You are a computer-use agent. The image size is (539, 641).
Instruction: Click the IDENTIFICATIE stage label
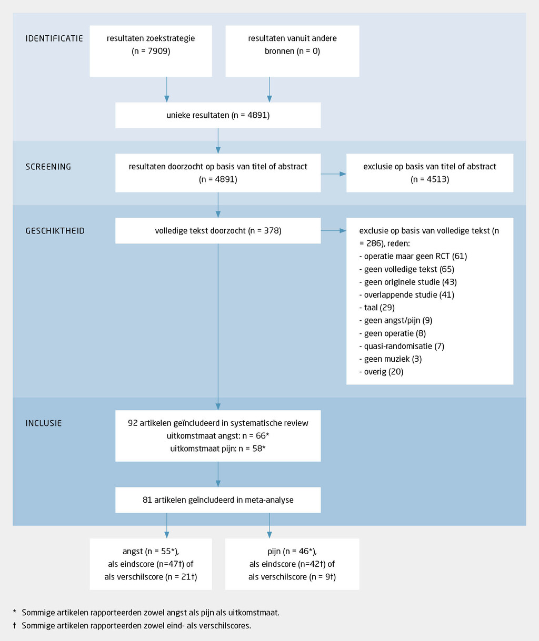(54, 38)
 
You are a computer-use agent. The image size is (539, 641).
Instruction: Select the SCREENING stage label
(48, 167)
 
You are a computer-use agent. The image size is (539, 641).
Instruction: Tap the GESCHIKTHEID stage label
(55, 231)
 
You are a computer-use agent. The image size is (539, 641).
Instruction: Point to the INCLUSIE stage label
(44, 423)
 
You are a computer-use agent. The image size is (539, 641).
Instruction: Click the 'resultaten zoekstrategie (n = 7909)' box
(151, 51)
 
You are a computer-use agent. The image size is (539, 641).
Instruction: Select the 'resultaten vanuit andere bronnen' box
(292, 51)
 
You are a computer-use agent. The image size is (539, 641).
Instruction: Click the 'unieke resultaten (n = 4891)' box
(218, 115)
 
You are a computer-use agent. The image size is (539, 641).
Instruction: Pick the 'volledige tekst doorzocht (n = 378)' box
(218, 231)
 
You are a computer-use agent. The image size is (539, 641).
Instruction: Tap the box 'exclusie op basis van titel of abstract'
(430, 173)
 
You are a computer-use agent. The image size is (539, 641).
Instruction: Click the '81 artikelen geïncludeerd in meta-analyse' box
(218, 500)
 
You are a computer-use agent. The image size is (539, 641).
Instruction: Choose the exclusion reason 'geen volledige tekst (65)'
(406, 269)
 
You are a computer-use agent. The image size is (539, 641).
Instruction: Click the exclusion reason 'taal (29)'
(377, 308)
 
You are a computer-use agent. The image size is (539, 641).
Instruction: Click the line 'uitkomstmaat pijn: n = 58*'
(218, 449)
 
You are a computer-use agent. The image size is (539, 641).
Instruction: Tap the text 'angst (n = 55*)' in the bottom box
(151, 552)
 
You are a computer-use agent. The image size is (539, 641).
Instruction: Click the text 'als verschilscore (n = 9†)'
(292, 577)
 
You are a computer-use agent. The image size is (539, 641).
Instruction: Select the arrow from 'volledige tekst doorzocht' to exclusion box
(333, 231)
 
